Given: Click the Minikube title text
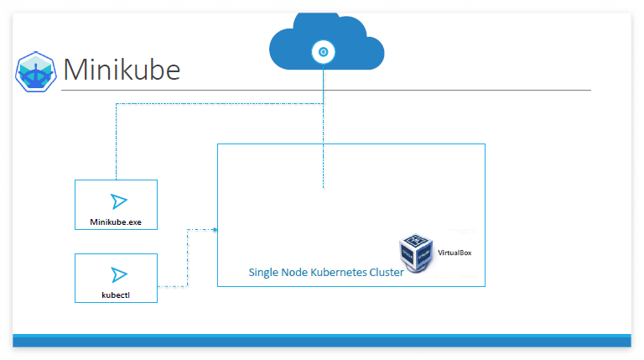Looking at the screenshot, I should (122, 69).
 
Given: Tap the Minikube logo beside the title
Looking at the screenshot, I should (35, 70).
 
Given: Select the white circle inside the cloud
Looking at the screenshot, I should (324, 52).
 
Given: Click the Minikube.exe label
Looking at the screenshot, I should (116, 222).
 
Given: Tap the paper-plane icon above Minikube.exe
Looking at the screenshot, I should (118, 201).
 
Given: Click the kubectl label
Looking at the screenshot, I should (116, 295).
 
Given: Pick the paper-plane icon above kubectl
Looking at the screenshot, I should (118, 274).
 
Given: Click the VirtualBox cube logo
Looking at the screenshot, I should (417, 253).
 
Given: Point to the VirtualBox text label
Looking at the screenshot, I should (454, 251).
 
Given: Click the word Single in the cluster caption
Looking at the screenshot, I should (264, 273).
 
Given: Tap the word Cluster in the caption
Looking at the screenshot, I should (386, 273).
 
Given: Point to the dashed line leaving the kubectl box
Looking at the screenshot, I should (172, 286).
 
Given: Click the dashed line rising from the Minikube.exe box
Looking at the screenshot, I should (117, 143).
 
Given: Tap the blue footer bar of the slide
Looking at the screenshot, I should (322, 341).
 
